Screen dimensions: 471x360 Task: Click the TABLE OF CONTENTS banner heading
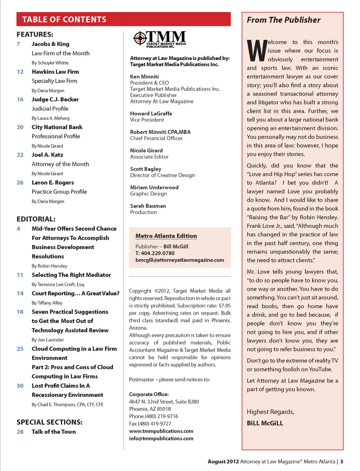pos(64,20)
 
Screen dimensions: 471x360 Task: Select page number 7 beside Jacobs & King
pos(18,44)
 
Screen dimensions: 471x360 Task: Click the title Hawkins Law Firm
pos(55,72)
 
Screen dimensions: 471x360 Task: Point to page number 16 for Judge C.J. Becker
pos(20,99)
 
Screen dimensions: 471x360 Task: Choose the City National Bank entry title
pos(57,127)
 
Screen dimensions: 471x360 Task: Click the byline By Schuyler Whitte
pos(50,63)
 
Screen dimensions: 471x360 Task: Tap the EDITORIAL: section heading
pos(36,219)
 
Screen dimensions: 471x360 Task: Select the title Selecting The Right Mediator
pos(71,275)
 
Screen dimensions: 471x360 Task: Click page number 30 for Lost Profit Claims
pos(20,386)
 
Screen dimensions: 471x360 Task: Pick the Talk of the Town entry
pos(54,432)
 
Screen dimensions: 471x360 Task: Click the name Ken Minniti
pos(144,77)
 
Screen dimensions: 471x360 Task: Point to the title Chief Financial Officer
pos(156,138)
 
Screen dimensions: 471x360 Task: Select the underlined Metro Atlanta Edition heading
pos(166,236)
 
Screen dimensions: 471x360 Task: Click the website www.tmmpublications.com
pos(161,431)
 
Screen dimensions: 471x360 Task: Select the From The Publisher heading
pos(283,20)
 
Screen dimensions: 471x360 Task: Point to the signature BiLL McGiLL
pos(265,423)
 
